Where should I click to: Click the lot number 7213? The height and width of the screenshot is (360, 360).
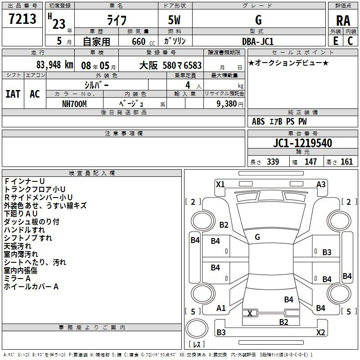click(22, 19)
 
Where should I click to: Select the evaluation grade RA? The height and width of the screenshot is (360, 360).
click(343, 21)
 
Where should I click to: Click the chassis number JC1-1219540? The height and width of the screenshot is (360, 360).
click(302, 144)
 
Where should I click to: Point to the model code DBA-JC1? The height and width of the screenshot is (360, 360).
click(258, 41)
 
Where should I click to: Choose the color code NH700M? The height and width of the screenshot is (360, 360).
click(74, 103)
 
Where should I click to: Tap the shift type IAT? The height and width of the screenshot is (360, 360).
click(13, 94)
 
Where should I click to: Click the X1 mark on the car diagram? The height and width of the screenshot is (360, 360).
click(220, 184)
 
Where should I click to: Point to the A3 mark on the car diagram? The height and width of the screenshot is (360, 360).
click(321, 184)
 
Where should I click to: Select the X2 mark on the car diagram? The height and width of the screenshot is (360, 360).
click(321, 333)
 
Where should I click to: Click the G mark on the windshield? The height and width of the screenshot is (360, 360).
click(257, 237)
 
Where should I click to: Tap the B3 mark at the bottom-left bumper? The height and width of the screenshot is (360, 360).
click(221, 333)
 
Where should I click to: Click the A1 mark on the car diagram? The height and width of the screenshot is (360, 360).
click(221, 308)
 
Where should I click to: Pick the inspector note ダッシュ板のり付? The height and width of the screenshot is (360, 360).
click(31, 221)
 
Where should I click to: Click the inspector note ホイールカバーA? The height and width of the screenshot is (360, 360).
click(31, 286)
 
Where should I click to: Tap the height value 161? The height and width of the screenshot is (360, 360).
click(347, 162)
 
